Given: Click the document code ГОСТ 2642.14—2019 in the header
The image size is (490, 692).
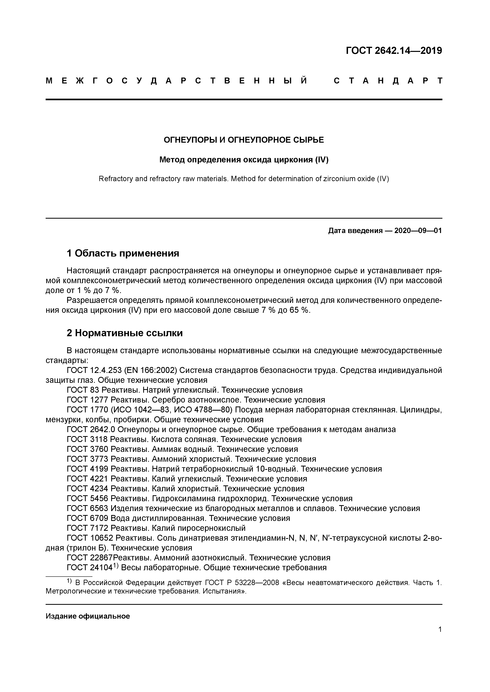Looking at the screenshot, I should (x=394, y=51).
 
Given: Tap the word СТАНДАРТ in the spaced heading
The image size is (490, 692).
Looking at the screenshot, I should (x=388, y=81).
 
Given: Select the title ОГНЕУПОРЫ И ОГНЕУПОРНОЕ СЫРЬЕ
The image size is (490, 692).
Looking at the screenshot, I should (x=244, y=140).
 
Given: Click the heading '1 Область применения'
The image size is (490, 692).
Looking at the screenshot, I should (x=123, y=253).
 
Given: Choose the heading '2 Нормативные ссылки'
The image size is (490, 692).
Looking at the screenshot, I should (x=125, y=333).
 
